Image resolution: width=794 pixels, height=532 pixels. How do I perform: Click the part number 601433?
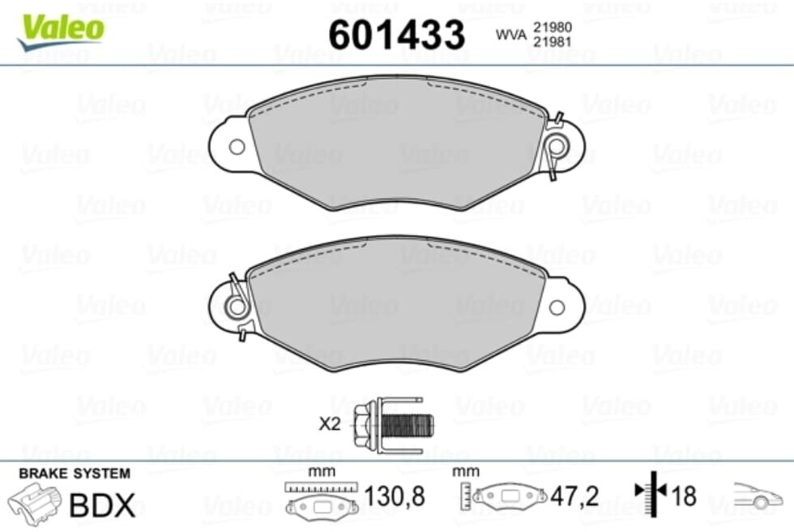pos(396,34)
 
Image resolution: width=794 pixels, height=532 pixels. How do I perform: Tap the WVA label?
pos(511,34)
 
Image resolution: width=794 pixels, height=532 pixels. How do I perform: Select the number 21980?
pos(553,27)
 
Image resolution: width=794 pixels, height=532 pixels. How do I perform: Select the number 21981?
pos(553,42)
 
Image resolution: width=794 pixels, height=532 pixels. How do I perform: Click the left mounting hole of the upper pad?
pos(237,147)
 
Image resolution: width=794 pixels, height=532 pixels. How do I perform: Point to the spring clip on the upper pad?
pos(556,146)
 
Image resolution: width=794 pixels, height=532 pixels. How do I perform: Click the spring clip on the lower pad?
pos(237,307)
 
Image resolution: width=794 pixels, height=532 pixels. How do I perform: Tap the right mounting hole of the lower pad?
pos(557,307)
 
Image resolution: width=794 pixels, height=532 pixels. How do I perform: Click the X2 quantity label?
pos(330,423)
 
